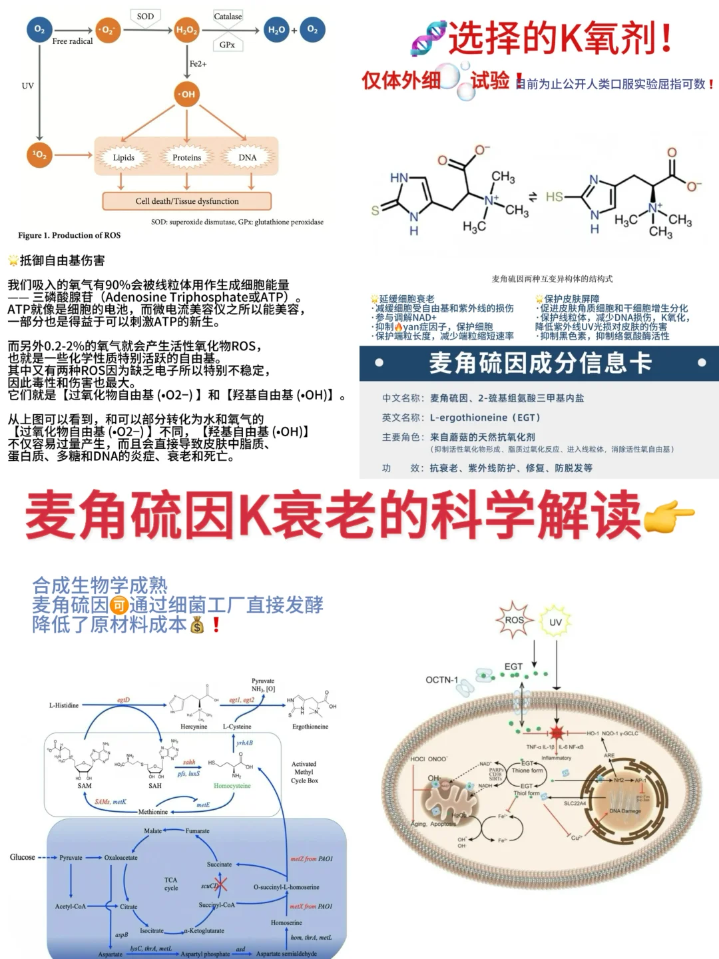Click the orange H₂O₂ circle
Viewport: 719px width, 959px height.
click(186, 30)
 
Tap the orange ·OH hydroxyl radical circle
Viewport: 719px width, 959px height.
click(186, 94)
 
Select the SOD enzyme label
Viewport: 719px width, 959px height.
click(145, 17)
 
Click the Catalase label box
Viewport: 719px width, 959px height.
click(228, 16)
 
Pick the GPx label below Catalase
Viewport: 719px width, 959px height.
click(227, 45)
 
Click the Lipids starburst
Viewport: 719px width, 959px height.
click(124, 158)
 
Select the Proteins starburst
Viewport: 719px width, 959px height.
click(186, 158)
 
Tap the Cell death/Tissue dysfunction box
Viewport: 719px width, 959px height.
click(187, 201)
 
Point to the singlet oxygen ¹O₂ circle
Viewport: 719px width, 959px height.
click(40, 155)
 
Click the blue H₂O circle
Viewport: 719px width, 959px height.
click(276, 30)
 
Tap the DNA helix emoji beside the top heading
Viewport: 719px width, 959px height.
click(427, 39)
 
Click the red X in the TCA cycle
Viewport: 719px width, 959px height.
click(220, 884)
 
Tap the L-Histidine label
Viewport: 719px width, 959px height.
click(64, 705)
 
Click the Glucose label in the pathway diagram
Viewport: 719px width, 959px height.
click(23, 857)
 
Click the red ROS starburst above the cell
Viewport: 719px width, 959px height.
click(514, 620)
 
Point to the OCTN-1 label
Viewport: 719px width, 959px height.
click(442, 680)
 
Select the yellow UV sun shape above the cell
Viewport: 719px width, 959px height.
click(555, 622)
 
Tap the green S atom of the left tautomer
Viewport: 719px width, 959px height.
click(375, 210)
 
